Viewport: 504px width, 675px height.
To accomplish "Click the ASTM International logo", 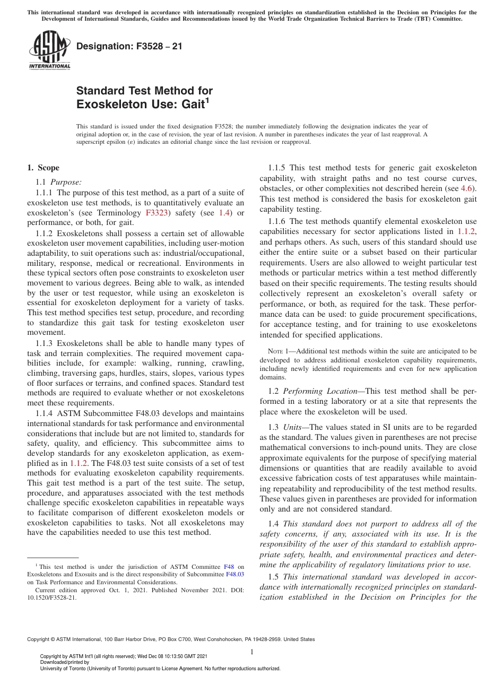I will pyautogui.click(x=49, y=50).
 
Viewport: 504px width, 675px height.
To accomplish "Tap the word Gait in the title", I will pyautogui.click(x=192, y=105).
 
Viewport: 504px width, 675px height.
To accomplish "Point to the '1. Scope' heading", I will pyautogui.click(x=44, y=168).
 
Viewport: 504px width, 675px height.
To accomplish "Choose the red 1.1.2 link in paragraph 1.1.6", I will pyautogui.click(x=466, y=231).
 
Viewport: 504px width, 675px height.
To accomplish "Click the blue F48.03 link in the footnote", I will pyautogui.click(x=235, y=574).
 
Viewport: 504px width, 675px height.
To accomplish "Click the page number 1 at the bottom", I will pyautogui.click(x=252, y=652).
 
